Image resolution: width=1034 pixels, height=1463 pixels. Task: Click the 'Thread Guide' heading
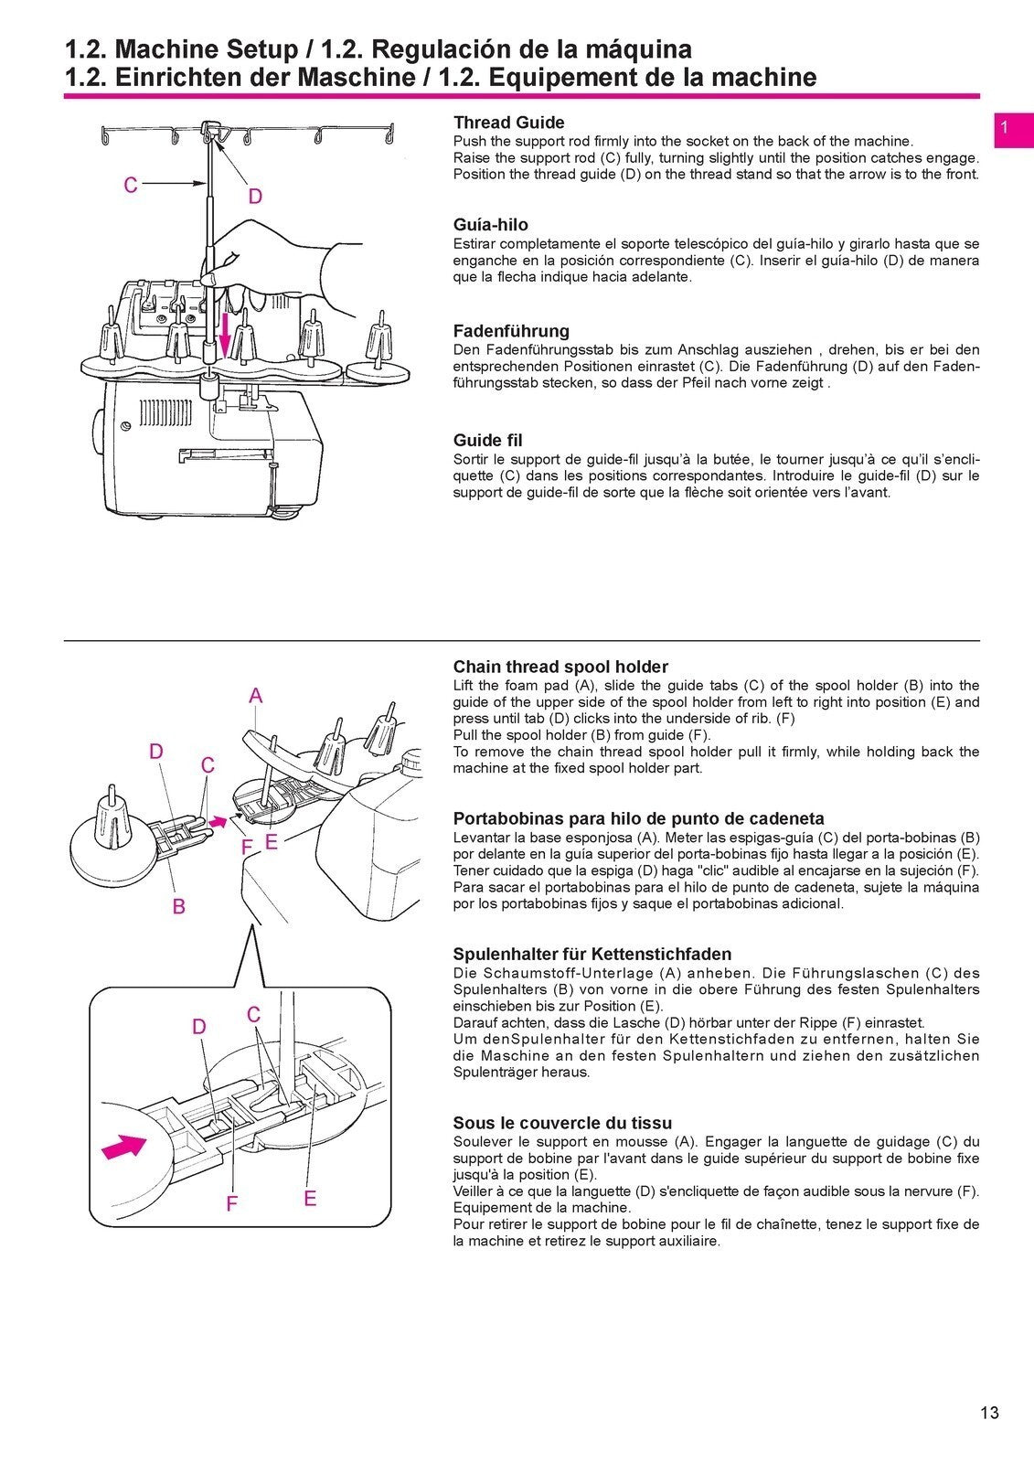[508, 123]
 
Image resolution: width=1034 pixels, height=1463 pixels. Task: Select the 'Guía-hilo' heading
[490, 225]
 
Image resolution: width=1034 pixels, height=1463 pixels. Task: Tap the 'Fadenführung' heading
[511, 331]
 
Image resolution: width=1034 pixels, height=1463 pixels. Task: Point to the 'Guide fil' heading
[487, 441]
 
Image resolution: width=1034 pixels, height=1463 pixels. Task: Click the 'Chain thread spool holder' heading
[560, 667]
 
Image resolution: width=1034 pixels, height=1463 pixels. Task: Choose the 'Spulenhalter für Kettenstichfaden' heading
[592, 954]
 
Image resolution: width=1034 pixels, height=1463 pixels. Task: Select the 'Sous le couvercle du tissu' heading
[562, 1123]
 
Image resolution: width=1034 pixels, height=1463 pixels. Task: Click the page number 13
[989, 1413]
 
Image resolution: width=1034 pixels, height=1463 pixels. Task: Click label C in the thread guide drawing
[131, 186]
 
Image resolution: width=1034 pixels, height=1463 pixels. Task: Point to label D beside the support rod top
[255, 197]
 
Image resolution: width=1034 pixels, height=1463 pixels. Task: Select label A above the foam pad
[255, 696]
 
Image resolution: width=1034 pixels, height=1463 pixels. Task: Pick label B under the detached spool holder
[179, 906]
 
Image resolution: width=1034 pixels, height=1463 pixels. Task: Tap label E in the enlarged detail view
[310, 1198]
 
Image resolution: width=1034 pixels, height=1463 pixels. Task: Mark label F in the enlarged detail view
[231, 1204]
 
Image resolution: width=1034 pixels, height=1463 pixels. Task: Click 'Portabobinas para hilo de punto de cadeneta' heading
[638, 818]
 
